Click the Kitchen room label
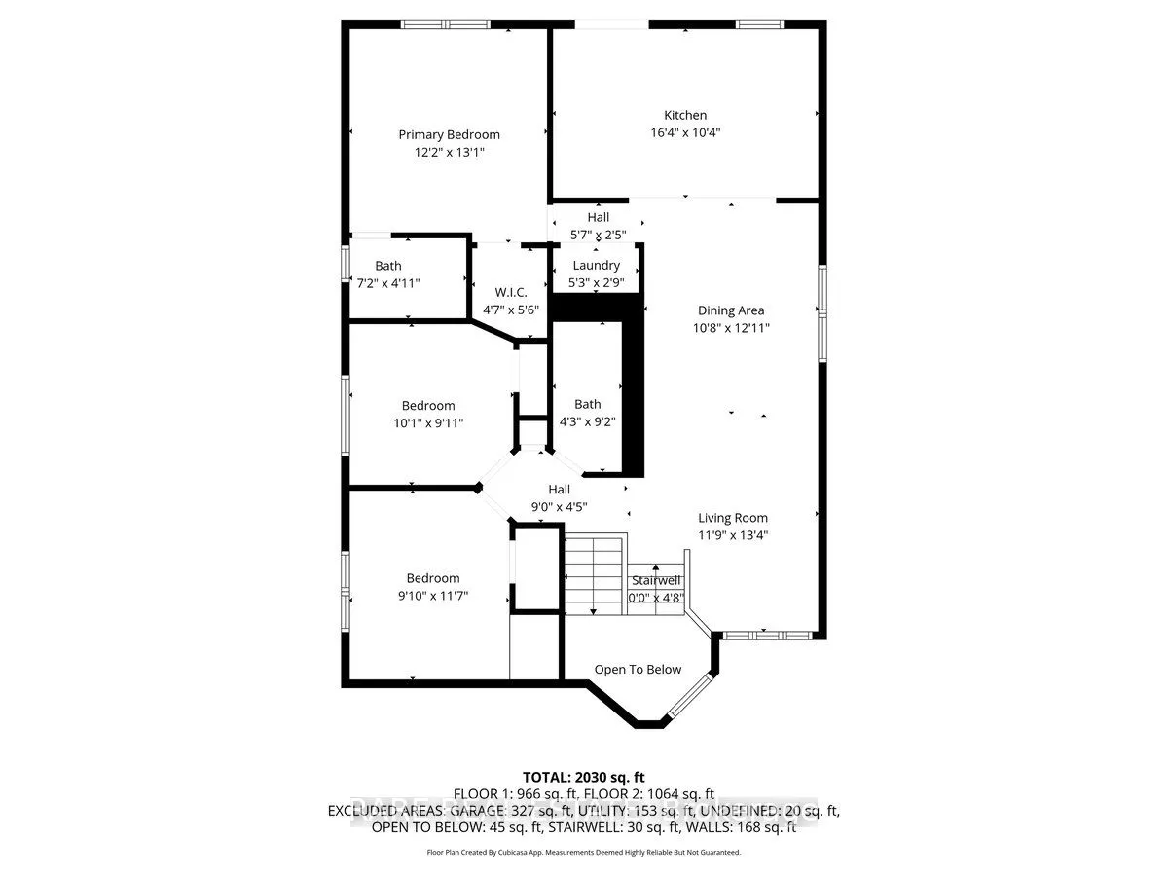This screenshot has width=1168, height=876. tap(685, 115)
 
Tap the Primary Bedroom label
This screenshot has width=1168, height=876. tap(449, 134)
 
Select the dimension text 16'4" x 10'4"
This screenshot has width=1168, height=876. tap(685, 132)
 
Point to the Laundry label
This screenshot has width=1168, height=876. tap(596, 266)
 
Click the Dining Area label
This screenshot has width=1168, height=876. tap(730, 310)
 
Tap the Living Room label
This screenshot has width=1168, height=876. tap(732, 518)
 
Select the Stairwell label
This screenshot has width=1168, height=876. tap(655, 581)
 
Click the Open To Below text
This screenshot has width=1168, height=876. tap(638, 669)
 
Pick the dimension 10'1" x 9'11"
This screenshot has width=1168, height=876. tap(428, 423)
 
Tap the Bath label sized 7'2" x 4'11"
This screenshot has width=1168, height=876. tap(388, 266)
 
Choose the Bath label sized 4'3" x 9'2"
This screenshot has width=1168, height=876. tap(587, 404)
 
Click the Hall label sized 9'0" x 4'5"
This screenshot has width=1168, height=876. tap(559, 490)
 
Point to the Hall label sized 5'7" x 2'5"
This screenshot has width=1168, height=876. tap(598, 217)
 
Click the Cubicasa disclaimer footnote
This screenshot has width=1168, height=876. tap(584, 852)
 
